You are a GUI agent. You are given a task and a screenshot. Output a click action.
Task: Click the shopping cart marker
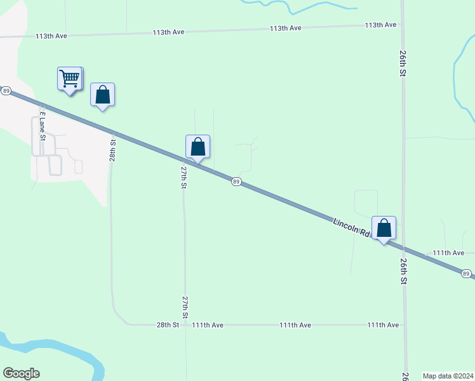click(69, 79)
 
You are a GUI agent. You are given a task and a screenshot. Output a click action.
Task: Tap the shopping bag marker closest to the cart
click(103, 95)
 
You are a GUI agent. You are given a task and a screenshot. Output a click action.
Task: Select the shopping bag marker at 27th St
click(198, 147)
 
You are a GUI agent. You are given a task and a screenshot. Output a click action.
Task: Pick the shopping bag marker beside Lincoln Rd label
click(384, 229)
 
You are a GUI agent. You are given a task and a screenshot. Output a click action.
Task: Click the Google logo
click(21, 373)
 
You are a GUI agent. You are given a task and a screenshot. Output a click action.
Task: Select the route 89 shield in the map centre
click(236, 182)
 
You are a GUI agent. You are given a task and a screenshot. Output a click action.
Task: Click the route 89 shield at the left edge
click(6, 91)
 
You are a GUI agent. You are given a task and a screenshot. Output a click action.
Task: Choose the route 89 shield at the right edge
click(466, 274)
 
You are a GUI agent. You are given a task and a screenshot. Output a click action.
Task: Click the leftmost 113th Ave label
click(51, 36)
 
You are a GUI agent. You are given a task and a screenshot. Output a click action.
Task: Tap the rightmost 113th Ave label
click(380, 25)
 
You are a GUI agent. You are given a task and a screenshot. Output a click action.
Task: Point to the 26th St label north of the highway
click(403, 63)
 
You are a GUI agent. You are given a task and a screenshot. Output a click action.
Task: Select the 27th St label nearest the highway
click(183, 178)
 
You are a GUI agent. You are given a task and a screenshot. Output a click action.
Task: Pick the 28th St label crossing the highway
click(112, 147)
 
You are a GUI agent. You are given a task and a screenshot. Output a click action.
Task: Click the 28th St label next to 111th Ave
click(168, 324)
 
